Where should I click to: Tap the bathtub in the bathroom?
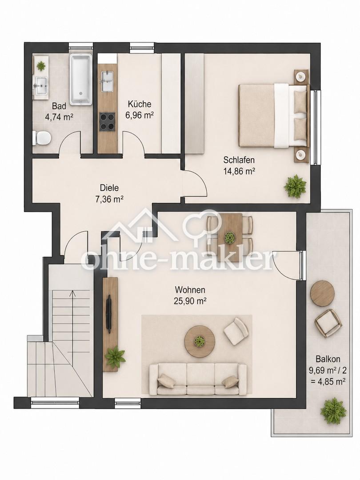(x=81, y=79)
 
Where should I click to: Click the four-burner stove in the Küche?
(x=108, y=121)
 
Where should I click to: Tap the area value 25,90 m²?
(x=190, y=301)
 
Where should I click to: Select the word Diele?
(x=109, y=188)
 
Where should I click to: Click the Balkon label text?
(x=328, y=359)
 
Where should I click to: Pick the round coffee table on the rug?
(x=200, y=341)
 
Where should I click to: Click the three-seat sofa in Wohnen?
(x=198, y=379)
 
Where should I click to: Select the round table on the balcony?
(x=322, y=292)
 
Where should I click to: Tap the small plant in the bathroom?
(x=41, y=65)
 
